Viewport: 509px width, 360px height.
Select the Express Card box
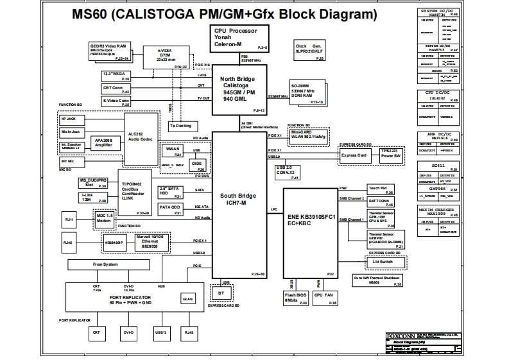354,155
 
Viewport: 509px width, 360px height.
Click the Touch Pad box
379,190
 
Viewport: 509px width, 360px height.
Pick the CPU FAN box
324,296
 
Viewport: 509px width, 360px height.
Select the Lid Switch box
383,262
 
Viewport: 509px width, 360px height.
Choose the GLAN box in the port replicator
187,298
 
